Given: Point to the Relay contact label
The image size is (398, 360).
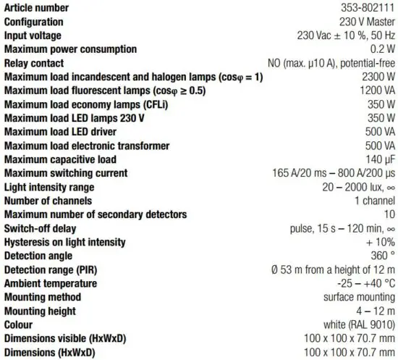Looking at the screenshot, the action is point(34,63).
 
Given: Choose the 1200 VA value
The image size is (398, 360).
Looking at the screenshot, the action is point(376,91).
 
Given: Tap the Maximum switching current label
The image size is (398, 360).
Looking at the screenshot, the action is point(66,173).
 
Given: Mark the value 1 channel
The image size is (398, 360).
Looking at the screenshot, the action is point(374,201).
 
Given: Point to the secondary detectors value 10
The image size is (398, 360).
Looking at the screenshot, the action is point(389,214).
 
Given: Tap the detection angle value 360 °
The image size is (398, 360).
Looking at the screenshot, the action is point(381,256).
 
